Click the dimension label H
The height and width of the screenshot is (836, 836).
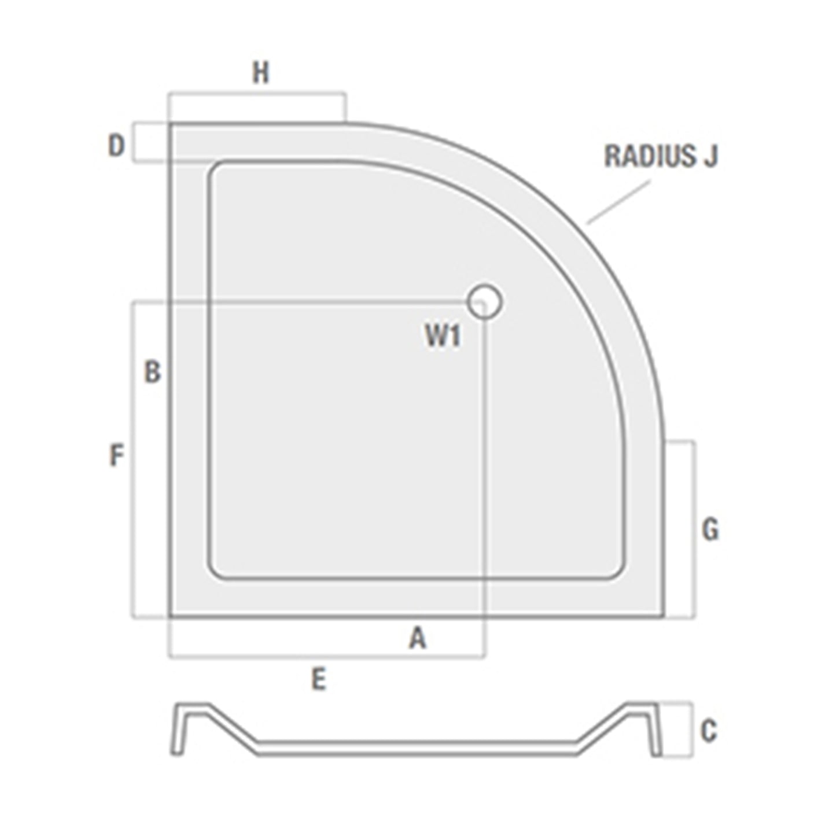coord(261,73)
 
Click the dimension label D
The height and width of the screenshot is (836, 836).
coord(116,146)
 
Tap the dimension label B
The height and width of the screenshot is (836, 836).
coord(152,372)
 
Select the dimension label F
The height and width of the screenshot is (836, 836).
coord(117,455)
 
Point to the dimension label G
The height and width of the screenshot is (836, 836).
coord(710,529)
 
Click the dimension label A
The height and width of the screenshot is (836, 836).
coord(418,639)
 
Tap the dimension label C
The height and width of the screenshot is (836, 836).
coord(709,731)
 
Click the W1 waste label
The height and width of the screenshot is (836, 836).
coord(443,336)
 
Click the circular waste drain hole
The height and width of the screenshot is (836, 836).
coord(484,301)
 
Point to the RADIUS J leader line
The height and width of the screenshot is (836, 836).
coord(618,202)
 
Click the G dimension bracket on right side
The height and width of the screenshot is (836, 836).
coord(694,529)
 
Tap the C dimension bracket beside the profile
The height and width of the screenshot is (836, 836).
coord(691,730)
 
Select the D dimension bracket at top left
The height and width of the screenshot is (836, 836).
coord(134,142)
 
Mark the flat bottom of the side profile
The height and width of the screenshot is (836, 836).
coord(417,748)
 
